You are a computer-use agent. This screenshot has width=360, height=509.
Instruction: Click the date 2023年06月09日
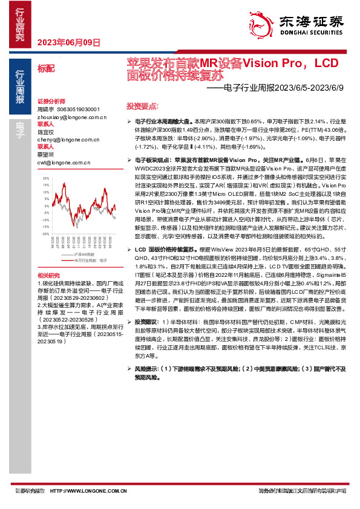coord(68,42)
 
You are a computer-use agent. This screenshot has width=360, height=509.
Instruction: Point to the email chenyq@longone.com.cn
coord(64,139)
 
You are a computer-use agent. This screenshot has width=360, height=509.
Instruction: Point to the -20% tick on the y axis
coord(45,232)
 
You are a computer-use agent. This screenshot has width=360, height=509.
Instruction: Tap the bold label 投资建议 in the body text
coord(146,322)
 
